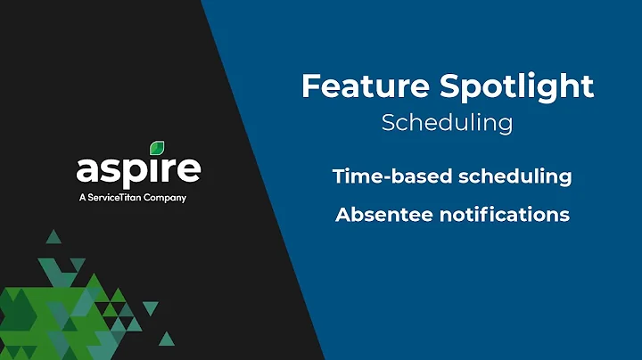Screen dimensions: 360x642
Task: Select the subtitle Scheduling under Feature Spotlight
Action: (x=447, y=122)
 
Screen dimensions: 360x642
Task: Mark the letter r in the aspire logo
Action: (x=171, y=170)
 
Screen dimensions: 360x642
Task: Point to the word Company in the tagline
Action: (x=167, y=198)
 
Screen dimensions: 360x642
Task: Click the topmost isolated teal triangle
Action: (x=53, y=236)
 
